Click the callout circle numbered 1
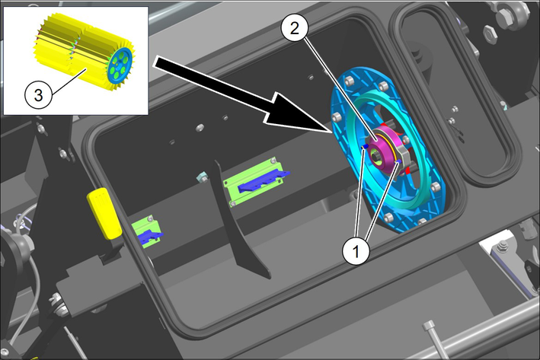click(x=356, y=252)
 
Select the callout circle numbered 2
click(x=294, y=29)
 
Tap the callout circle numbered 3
click(x=38, y=94)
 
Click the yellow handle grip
click(x=104, y=213)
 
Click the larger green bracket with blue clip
click(x=256, y=183)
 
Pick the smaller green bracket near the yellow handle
click(x=147, y=231)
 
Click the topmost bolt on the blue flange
click(x=349, y=81)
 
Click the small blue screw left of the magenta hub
click(x=365, y=147)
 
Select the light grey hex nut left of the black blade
click(x=202, y=177)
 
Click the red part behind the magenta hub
click(x=406, y=169)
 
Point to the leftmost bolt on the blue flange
click(x=336, y=117)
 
